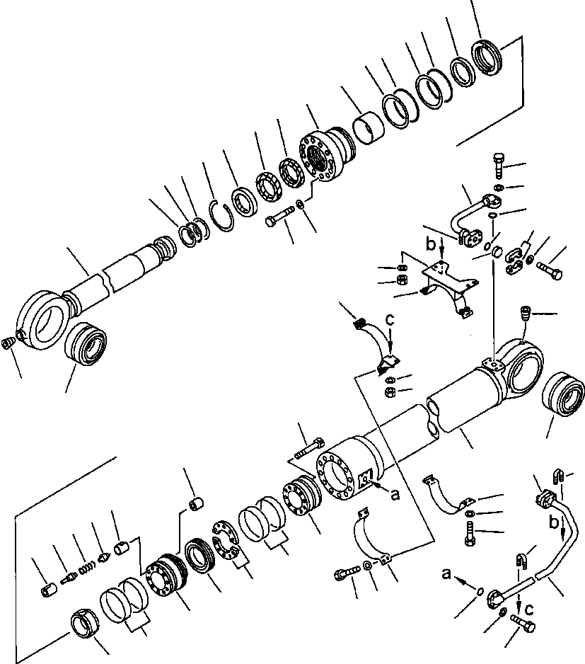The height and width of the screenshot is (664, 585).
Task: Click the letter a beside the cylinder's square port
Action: [x=395, y=495]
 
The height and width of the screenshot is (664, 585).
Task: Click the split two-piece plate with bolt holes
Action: [x=226, y=542]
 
